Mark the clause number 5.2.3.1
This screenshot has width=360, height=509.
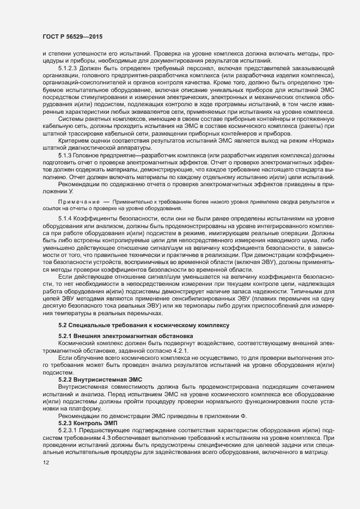70,431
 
